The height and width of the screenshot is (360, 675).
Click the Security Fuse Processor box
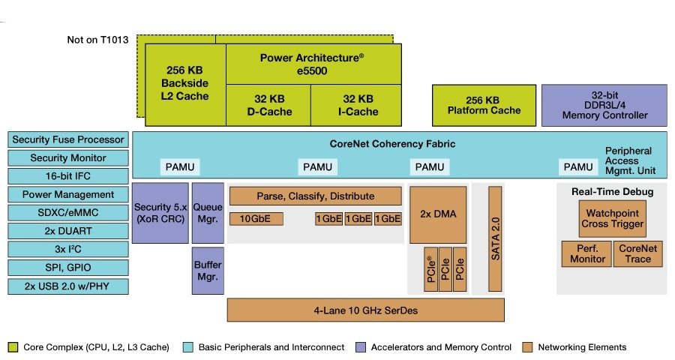click(x=68, y=139)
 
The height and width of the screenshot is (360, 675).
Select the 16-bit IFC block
click(x=68, y=176)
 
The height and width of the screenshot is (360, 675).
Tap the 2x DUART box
click(x=68, y=231)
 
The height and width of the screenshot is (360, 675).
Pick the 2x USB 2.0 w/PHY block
click(x=68, y=286)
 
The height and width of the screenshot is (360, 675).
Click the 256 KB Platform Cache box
click(x=484, y=106)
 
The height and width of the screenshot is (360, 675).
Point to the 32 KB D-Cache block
click(x=268, y=105)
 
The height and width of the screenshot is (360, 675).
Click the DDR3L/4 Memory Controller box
click(x=604, y=106)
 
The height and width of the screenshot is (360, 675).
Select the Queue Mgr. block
click(x=208, y=212)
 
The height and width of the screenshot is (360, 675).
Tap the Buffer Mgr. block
click(x=208, y=270)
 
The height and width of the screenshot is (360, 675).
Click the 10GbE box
click(x=255, y=219)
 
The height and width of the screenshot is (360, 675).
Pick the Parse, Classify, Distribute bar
click(x=315, y=196)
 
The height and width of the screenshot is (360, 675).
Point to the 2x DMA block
click(x=437, y=214)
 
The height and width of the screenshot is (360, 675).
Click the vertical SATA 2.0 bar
click(x=495, y=238)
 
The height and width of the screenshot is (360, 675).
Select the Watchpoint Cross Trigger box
click(x=611, y=218)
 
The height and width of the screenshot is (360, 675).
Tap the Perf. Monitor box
click(x=586, y=253)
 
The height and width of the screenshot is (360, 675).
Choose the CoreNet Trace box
click(x=637, y=253)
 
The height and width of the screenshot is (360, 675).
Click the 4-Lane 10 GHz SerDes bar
click(x=365, y=309)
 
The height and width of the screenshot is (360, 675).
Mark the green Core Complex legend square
click(x=13, y=347)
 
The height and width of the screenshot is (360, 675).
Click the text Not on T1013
click(x=97, y=40)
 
